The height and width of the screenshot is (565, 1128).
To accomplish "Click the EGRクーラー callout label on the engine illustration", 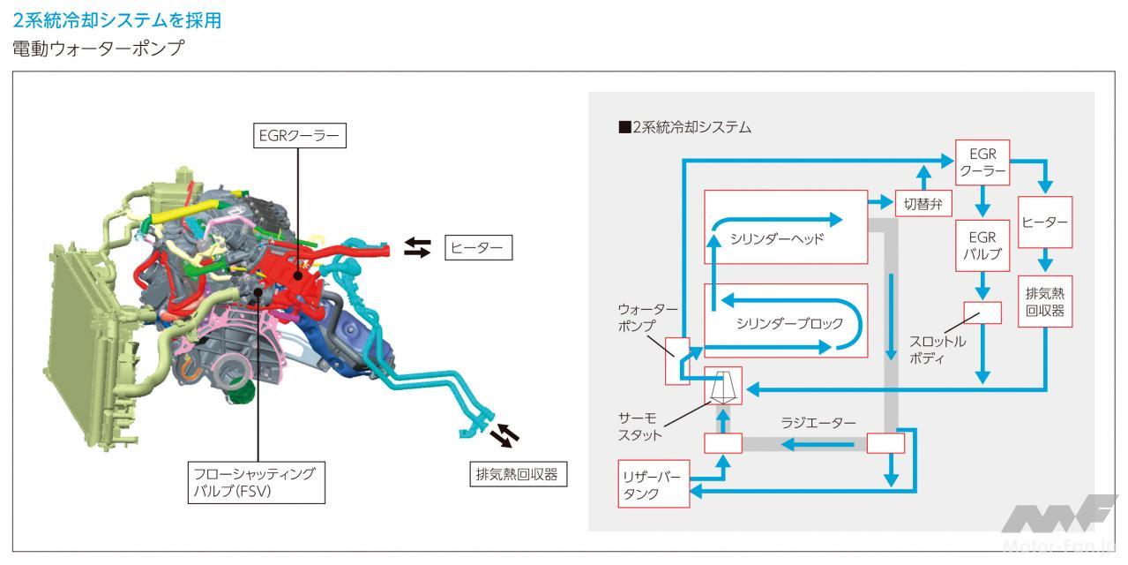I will click(x=296, y=136).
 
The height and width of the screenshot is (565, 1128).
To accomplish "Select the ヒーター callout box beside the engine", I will click(x=477, y=249).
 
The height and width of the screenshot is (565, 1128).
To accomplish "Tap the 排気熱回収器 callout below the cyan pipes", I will click(x=516, y=474).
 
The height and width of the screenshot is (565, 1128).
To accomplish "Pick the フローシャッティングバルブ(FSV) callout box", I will click(x=254, y=482).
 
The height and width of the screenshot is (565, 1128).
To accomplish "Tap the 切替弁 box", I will click(x=923, y=203).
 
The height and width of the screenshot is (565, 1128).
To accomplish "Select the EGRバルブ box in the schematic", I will click(x=982, y=246).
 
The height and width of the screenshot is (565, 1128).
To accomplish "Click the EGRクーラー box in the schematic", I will click(x=982, y=162).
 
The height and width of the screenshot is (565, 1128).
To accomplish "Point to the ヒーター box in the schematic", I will click(x=1045, y=222).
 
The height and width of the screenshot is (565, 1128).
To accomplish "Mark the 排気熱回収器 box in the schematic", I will click(x=1045, y=301).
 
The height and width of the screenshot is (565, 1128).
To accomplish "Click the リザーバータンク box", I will click(x=653, y=484).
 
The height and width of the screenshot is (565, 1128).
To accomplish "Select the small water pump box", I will click(x=676, y=361).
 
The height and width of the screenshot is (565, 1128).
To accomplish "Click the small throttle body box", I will click(x=982, y=313).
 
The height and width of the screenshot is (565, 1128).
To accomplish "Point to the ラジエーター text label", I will click(x=818, y=423).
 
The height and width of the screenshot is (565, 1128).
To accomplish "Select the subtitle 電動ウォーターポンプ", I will click(x=98, y=49).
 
